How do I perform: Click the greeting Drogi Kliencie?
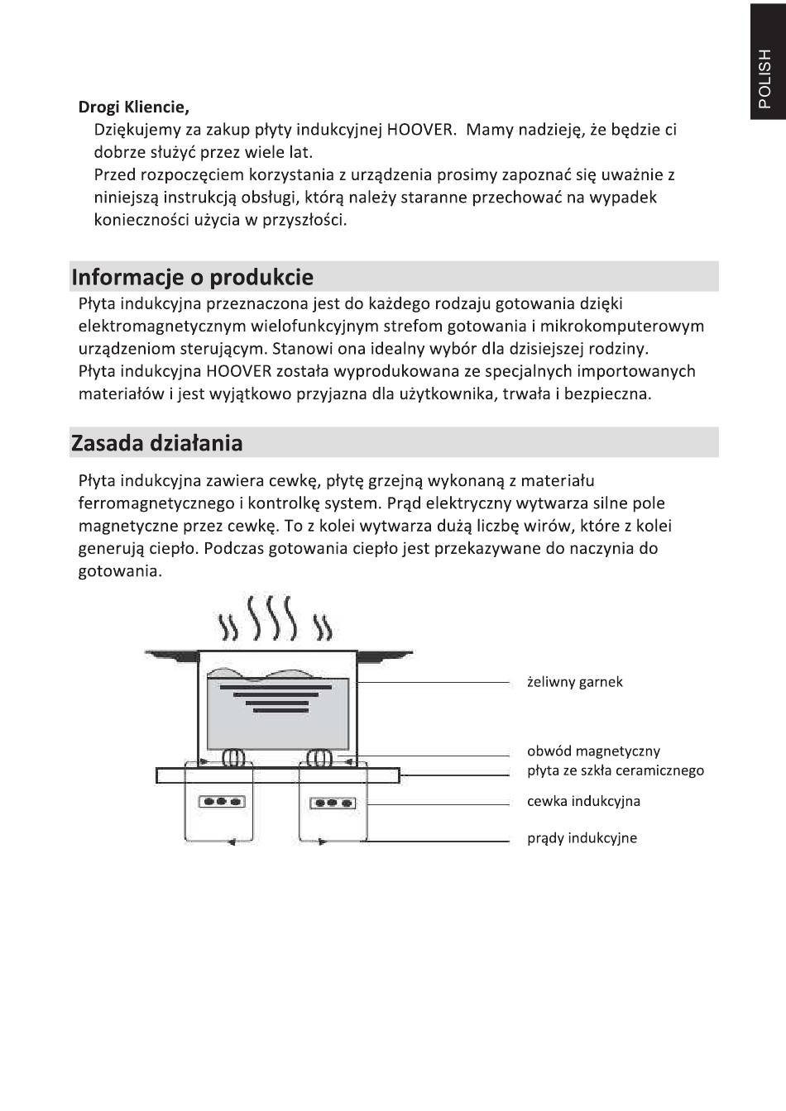coord(133,107)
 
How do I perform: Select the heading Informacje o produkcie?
coord(192,277)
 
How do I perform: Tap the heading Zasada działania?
coord(156,443)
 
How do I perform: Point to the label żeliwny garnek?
coord(574,682)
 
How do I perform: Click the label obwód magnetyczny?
coord(593,751)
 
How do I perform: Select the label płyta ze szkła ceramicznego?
coord(615,770)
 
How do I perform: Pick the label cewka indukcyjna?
coord(583,801)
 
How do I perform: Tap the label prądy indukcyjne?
coord(582,838)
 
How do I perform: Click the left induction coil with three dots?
coord(222,801)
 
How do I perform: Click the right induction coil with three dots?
coord(333,802)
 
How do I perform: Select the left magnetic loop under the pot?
coord(232,757)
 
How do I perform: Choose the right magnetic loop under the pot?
coord(320,757)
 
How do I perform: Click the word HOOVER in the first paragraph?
coord(421,130)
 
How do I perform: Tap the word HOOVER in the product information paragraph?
coord(239,371)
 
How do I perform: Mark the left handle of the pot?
coord(170,654)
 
